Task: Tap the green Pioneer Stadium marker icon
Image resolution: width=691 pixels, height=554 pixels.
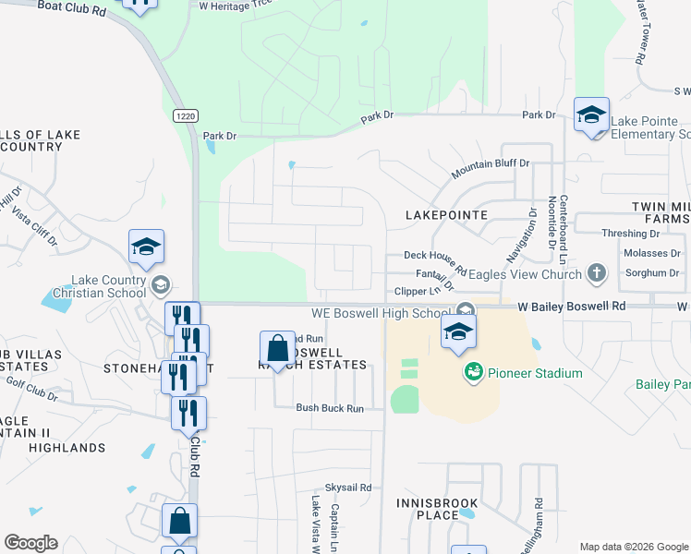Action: click(x=474, y=373)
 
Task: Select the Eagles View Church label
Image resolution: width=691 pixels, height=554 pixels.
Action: click(x=525, y=274)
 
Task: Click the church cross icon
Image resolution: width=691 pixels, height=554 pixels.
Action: click(x=597, y=273)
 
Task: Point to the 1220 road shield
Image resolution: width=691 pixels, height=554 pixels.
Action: click(x=184, y=115)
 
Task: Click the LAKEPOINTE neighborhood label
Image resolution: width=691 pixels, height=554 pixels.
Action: click(x=446, y=214)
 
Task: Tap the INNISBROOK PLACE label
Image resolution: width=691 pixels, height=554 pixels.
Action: click(x=437, y=509)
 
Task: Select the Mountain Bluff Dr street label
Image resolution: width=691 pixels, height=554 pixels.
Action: click(x=490, y=168)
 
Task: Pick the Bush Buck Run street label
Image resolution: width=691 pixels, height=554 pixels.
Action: click(x=329, y=407)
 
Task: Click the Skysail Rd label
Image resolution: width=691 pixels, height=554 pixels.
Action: click(x=347, y=487)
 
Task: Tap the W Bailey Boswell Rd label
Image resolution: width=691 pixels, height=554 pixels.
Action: click(x=571, y=305)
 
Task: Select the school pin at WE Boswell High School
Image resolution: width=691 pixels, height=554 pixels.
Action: click(x=458, y=333)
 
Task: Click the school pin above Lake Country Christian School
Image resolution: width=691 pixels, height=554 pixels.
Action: click(x=146, y=247)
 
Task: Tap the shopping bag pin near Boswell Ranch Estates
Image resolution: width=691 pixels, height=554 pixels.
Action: click(x=277, y=350)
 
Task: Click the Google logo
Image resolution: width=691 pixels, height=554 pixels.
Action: click(x=30, y=543)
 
